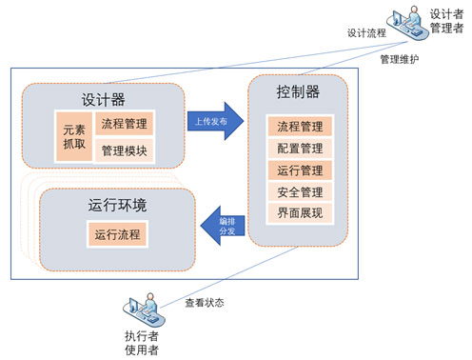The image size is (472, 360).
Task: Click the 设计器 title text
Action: pos(102,99)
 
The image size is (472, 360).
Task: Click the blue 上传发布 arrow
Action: pos(210,122)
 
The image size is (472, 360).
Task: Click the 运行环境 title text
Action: pos(111,205)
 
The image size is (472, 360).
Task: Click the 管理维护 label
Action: pos(400,58)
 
